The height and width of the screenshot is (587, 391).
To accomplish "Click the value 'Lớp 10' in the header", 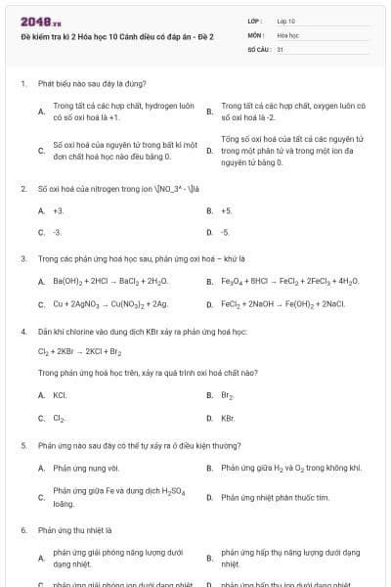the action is tap(286, 21).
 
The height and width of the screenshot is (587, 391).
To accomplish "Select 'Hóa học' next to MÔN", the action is tap(287, 34).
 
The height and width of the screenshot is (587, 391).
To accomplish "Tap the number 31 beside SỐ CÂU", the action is tap(281, 48).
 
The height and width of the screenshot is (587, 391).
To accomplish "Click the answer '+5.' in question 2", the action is tap(227, 210).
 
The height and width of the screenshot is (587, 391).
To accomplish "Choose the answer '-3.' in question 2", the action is tap(57, 233).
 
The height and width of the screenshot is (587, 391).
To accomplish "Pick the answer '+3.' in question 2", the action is tap(59, 210).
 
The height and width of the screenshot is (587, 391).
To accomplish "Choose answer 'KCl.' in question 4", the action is tap(60, 395).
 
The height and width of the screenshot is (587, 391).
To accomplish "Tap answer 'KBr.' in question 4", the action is tap(228, 418).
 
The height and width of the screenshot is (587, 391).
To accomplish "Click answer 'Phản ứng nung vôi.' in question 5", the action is tap(85, 468).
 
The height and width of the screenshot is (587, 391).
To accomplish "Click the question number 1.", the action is tap(22, 84).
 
